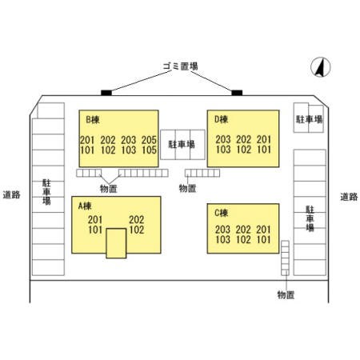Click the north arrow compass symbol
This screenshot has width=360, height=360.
(321, 67)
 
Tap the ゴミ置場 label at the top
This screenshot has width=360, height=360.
(181, 66)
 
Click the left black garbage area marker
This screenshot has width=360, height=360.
(106, 93)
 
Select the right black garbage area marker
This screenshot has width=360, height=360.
(237, 93)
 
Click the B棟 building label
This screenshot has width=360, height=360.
(93, 120)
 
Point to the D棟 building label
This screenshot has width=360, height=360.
(222, 119)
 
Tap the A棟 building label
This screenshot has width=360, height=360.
(85, 206)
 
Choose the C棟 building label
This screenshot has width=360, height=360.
(222, 213)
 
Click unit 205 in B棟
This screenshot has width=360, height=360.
(149, 140)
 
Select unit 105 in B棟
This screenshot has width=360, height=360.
(149, 150)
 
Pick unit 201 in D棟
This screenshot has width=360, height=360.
(264, 139)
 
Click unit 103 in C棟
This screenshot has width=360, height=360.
(223, 239)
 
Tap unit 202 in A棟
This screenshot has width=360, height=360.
(137, 219)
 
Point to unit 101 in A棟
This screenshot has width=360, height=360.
(95, 230)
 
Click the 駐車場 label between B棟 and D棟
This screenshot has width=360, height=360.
(182, 144)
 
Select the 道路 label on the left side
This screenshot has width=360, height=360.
(11, 194)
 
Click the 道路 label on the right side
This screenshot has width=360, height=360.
(349, 197)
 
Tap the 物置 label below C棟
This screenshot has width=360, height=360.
(286, 294)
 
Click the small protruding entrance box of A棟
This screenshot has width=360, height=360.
(116, 243)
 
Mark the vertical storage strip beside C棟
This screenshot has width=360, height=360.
(285, 258)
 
